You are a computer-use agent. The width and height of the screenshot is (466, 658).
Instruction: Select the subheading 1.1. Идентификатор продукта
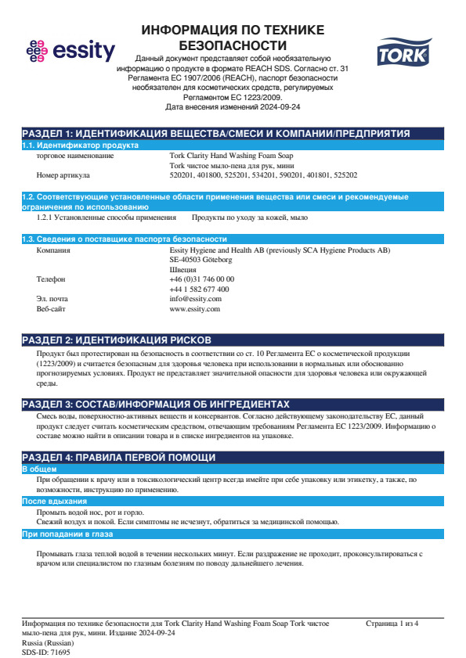coord(80,146)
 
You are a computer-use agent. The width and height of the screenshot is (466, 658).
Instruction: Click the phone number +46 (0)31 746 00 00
coord(201,279)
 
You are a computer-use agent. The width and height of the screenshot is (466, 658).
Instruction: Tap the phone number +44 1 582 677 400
coord(199,289)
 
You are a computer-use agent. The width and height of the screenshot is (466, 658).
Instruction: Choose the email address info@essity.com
coord(196,299)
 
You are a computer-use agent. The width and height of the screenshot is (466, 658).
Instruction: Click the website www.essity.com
coord(195,309)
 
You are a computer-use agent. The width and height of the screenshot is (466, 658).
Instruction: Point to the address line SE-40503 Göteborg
coord(200,259)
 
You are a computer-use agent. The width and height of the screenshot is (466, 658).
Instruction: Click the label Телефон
coord(51,279)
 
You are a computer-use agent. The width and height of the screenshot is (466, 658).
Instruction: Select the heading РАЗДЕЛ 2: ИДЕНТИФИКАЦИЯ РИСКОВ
coord(116,340)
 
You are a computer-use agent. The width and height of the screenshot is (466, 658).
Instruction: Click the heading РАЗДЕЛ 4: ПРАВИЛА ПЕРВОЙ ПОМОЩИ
coord(117,457)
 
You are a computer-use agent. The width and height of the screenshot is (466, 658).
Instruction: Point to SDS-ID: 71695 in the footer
coord(45,652)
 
